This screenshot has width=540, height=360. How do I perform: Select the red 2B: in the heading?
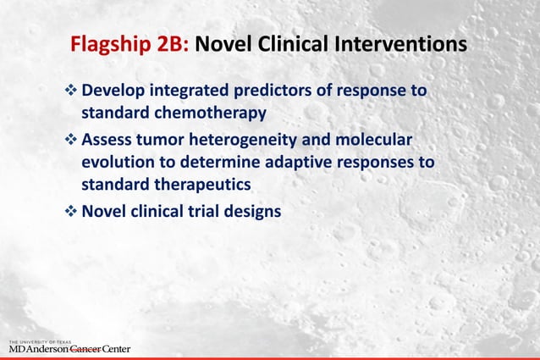pyautogui.click(x=172, y=43)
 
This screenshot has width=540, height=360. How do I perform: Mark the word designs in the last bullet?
pyautogui.click(x=251, y=212)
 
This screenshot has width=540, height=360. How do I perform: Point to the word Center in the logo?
pyautogui.click(x=116, y=348)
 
